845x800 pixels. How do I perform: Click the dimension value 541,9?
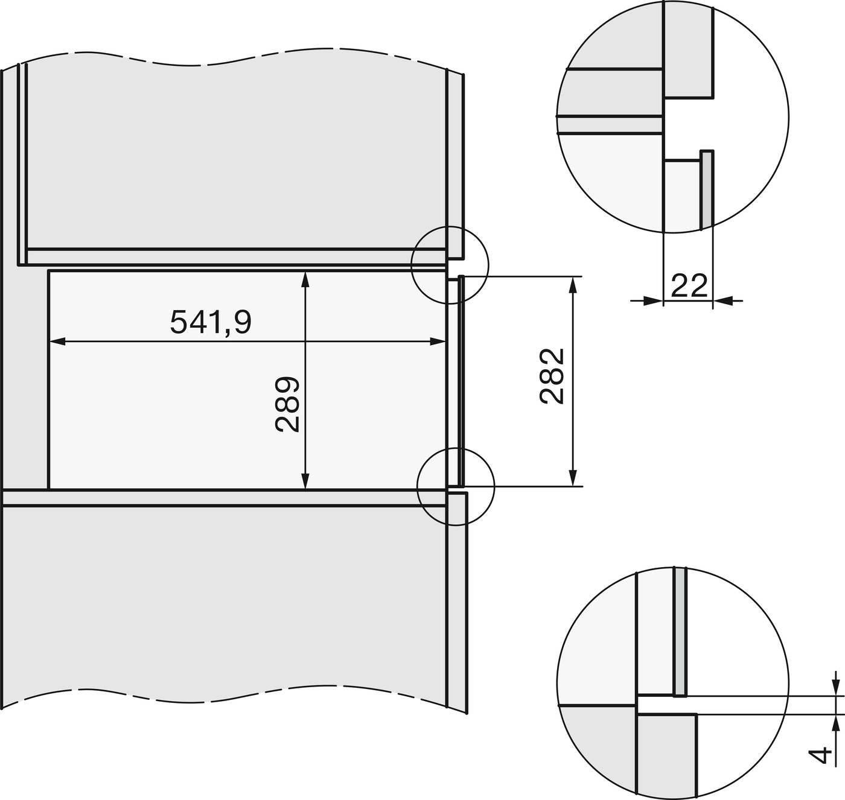click(x=210, y=322)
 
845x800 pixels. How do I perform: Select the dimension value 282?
click(x=552, y=376)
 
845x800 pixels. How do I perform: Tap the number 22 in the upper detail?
click(x=689, y=285)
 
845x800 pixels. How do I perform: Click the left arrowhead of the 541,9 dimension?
click(x=56, y=342)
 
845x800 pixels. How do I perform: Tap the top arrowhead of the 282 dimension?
click(x=572, y=284)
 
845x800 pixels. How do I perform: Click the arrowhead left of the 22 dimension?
click(x=654, y=300)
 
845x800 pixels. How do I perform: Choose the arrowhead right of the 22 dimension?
click(x=722, y=300)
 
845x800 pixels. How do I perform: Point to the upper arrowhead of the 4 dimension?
click(x=835, y=687)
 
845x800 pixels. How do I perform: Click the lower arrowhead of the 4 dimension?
click(x=835, y=723)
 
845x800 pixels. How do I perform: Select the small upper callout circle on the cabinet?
click(x=450, y=264)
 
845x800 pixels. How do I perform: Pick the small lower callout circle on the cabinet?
click(x=456, y=486)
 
